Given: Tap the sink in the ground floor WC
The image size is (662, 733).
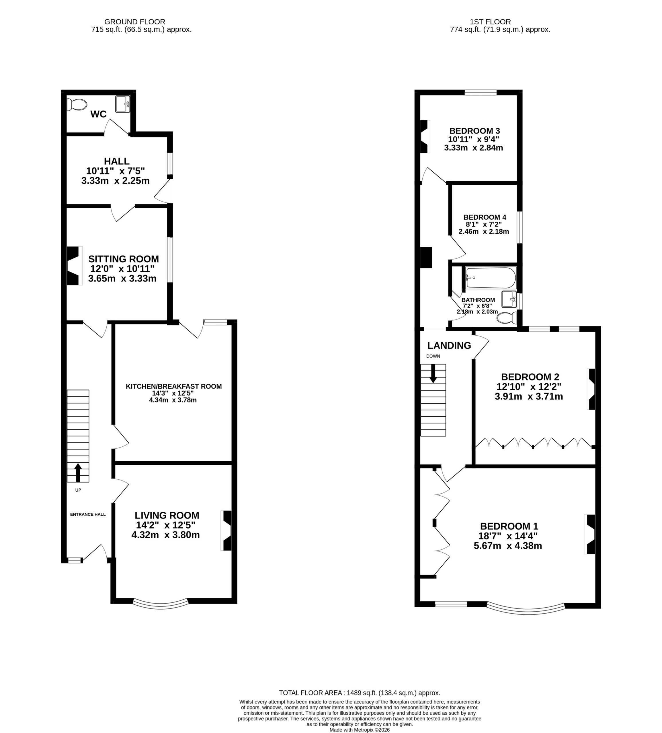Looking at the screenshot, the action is (123, 104).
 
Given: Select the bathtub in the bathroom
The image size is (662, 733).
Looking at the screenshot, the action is (491, 278).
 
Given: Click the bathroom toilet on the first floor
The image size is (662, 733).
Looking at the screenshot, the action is (507, 318).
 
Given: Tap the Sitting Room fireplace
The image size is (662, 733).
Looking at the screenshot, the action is (74, 265).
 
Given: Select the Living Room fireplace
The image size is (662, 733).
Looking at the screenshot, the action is (226, 531).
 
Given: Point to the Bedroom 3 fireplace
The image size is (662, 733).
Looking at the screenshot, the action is (425, 136).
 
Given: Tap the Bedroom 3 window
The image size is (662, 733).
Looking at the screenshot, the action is (481, 92).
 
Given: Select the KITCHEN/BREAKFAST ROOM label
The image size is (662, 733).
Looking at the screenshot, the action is (174, 386).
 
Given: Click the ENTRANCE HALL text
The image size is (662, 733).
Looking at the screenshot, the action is (88, 514).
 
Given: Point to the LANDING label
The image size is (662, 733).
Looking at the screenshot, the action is (449, 345).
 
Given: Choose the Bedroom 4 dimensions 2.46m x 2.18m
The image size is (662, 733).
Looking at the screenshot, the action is (484, 231).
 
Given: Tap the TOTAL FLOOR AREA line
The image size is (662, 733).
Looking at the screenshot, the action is (360, 693).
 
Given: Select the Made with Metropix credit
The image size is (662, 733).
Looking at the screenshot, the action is (359, 730).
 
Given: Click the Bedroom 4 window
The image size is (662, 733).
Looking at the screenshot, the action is (520, 227).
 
